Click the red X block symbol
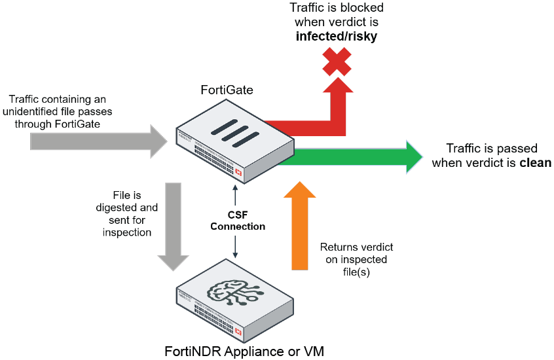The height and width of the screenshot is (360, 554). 336,61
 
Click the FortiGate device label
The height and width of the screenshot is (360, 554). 227,90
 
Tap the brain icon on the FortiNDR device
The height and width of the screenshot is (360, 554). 231,295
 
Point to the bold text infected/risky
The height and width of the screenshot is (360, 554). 336,37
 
